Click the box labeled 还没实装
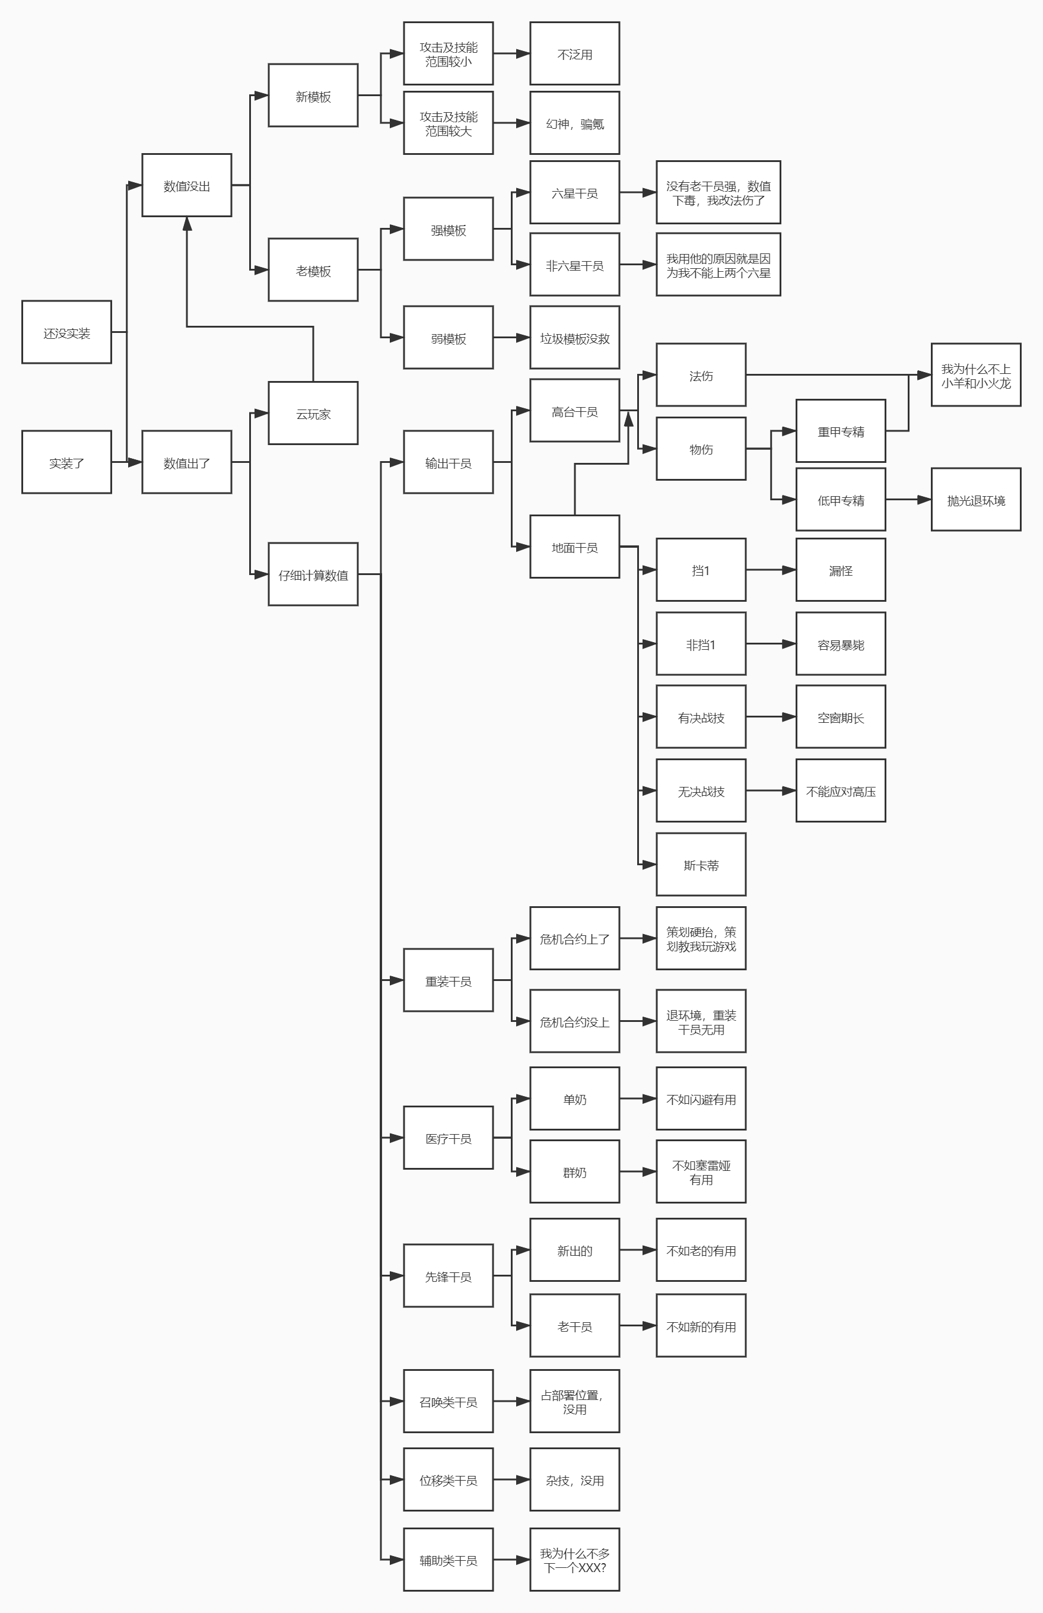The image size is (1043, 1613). pos(66,332)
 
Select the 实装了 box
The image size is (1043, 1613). pos(66,462)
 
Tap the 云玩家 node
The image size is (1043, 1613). pos(313,413)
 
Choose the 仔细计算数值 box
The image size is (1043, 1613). pos(313,574)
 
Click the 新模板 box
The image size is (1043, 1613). pos(313,96)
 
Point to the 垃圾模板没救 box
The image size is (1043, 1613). pos(574,337)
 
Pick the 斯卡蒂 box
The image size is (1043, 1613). pos(701,865)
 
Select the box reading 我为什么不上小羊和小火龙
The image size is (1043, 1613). pos(975,374)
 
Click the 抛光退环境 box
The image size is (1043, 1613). pos(975,500)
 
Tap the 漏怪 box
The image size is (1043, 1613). pos(841,570)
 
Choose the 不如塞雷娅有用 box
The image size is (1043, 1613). pos(701,1171)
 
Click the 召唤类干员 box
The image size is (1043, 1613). pos(449,1401)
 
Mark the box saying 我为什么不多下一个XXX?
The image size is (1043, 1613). pos(574,1560)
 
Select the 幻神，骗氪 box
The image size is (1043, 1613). pos(574,123)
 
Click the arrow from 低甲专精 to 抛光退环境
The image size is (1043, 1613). pos(908,500)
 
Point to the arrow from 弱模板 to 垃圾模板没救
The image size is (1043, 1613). pos(511,337)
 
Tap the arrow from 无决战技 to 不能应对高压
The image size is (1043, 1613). pos(771,790)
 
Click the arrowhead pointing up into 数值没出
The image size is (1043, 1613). pos(187,224)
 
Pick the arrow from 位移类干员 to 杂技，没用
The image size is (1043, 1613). pos(511,1480)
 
